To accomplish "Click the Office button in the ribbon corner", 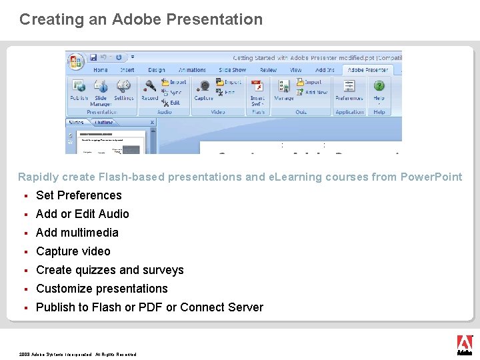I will click(x=76, y=61).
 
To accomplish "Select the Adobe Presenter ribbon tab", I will click(x=368, y=69).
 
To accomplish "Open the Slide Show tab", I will click(x=232, y=69).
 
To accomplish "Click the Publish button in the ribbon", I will click(x=79, y=89).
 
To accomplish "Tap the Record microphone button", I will click(x=150, y=89).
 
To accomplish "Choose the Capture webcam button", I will click(x=203, y=89).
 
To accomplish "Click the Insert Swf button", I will click(x=257, y=91).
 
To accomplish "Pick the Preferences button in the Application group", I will click(x=349, y=89).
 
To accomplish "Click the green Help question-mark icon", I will click(x=379, y=87).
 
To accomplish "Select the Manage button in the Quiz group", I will click(x=284, y=89).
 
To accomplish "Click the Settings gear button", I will click(x=123, y=89).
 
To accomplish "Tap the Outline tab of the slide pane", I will click(x=104, y=123).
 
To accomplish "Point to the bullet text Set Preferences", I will click(x=79, y=195).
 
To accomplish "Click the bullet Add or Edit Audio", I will click(x=83, y=214).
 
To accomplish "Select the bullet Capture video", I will click(x=73, y=251).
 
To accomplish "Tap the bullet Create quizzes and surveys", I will click(x=110, y=270).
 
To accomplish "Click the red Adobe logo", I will click(x=465, y=343).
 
